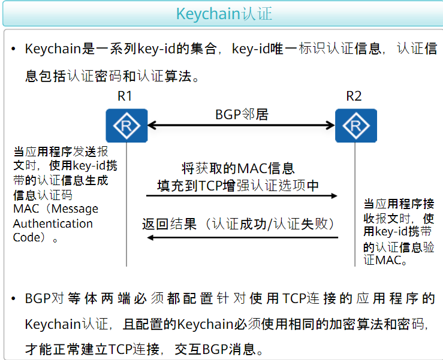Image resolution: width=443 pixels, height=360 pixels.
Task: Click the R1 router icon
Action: coord(126,125)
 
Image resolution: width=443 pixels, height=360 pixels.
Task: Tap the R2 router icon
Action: coord(355,125)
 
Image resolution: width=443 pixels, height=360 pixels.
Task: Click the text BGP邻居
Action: coord(242,114)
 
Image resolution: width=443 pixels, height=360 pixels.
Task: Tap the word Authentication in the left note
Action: coord(53,223)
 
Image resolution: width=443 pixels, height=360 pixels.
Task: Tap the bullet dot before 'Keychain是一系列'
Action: coord(13,49)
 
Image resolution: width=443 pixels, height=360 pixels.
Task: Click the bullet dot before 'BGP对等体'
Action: coord(13,298)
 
